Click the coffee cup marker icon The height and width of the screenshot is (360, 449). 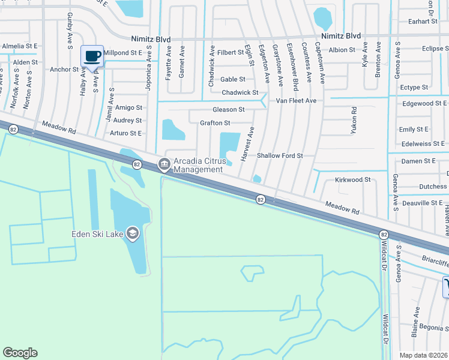click(x=92, y=56)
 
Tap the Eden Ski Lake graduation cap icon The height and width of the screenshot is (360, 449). click(x=131, y=233)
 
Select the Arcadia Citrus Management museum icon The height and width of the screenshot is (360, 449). click(x=163, y=164)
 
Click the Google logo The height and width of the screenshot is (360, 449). click(x=20, y=353)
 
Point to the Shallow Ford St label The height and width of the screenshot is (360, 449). click(x=280, y=156)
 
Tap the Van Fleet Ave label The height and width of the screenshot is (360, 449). click(x=296, y=101)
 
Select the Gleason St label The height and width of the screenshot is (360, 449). click(x=229, y=110)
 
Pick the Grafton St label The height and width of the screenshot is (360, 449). click(x=215, y=123)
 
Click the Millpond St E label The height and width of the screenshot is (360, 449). click(x=123, y=53)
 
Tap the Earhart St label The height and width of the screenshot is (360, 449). click(x=422, y=22)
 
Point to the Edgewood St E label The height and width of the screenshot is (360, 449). click(x=424, y=104)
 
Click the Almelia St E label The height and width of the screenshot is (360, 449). click(x=19, y=46)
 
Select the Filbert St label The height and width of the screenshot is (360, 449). click(x=231, y=53)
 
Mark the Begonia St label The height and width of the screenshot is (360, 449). click(x=435, y=328)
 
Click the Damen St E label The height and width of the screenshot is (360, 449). click(x=418, y=161)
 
